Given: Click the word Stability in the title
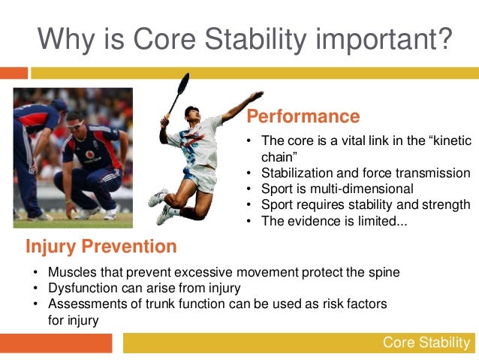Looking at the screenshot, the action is coord(255,40).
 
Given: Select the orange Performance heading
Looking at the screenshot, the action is coord(303,116).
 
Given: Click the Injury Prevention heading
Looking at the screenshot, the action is coord(101,247).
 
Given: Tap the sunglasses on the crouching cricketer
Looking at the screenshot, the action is coord(75,125).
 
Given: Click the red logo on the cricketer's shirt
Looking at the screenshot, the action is coord(89,155).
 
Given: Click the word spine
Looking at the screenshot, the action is coord(384,273).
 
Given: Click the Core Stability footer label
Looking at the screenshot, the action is coord(426,342).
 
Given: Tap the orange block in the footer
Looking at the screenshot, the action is coord(56,343).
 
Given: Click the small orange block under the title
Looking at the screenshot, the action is coord(14,73).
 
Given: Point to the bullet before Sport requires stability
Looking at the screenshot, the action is coord(249,205).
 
